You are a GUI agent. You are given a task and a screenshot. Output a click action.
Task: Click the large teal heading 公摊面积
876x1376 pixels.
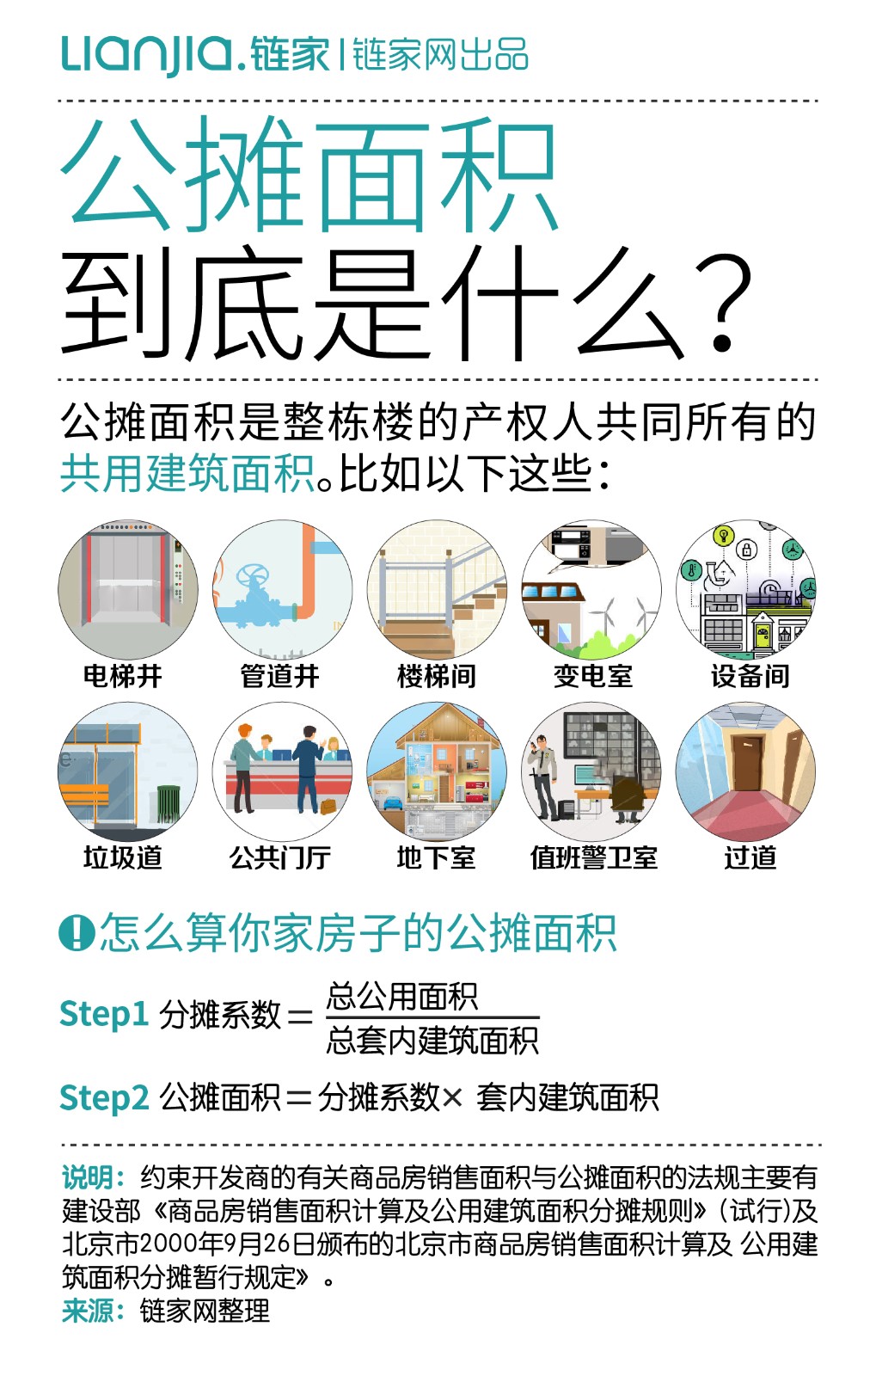pyautogui.click(x=309, y=175)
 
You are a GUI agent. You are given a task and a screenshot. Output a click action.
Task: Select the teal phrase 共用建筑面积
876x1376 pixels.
pyautogui.click(x=187, y=474)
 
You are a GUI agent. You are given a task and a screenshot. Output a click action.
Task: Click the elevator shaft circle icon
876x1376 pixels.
pyautogui.click(x=128, y=589)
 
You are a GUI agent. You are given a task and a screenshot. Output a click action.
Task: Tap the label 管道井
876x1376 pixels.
pyautogui.click(x=279, y=676)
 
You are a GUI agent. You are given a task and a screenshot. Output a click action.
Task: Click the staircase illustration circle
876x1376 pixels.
pyautogui.click(x=437, y=589)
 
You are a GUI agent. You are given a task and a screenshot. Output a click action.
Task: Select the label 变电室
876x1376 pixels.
pyautogui.click(x=592, y=676)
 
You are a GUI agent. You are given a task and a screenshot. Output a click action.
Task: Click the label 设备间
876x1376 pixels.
pyautogui.click(x=750, y=676)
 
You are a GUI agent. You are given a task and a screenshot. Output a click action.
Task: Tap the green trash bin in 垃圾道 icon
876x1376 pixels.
pyautogui.click(x=168, y=805)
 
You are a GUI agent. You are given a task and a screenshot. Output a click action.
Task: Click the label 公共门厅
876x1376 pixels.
pyautogui.click(x=279, y=857)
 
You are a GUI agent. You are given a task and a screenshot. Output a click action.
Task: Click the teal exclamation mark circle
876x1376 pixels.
pyautogui.click(x=77, y=932)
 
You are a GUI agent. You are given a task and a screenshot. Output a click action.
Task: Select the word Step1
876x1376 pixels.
pyautogui.click(x=103, y=1014)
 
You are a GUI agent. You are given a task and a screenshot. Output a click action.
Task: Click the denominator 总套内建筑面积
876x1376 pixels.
pyautogui.click(x=432, y=1041)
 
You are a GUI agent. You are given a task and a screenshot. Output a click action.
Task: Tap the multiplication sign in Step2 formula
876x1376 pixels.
pyautogui.click(x=453, y=1098)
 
